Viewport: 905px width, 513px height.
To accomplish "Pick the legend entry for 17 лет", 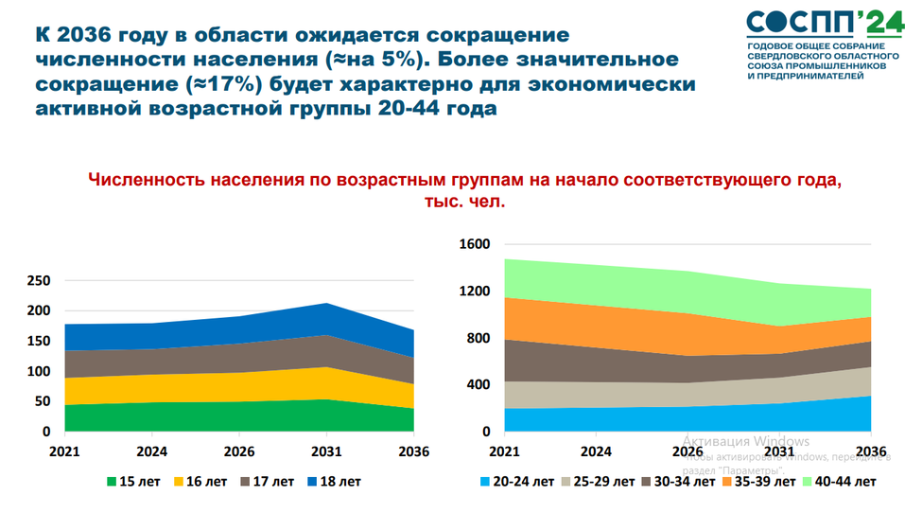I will (270, 482).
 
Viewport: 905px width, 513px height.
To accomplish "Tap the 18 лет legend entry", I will (337, 482).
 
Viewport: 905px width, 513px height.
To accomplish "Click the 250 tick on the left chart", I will (39, 281).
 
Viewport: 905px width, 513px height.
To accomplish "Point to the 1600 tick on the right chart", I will (475, 244).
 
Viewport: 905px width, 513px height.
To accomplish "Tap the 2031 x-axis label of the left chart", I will (326, 451).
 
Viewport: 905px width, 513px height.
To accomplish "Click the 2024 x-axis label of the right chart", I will (596, 451).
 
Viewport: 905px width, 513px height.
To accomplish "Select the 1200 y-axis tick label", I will (475, 292).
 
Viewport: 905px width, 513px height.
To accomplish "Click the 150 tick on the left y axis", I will (39, 342).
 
